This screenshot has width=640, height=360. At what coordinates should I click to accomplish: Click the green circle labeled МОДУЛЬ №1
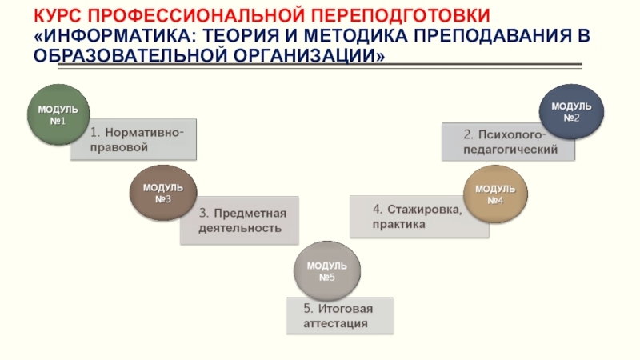[58, 114]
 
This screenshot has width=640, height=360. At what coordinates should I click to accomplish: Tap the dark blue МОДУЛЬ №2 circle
[571, 111]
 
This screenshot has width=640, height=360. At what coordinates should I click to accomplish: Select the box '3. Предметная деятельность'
[243, 220]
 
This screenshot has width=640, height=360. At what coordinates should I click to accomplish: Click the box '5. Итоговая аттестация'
[339, 315]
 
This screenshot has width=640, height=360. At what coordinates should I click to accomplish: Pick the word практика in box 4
[398, 225]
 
